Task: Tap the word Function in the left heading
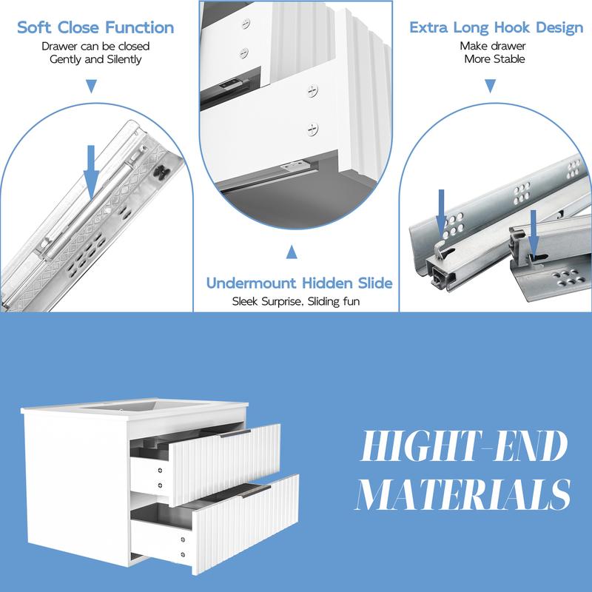[x=140, y=27]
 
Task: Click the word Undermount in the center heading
[x=252, y=283]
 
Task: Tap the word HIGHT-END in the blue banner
[x=464, y=446]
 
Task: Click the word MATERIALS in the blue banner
[x=463, y=494]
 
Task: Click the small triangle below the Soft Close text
[x=91, y=86]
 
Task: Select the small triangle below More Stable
[x=490, y=86]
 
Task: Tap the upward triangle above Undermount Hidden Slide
[x=292, y=252]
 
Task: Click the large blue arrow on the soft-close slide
[x=91, y=172]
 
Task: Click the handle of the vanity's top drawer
[x=235, y=434]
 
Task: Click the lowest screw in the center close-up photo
[x=312, y=129]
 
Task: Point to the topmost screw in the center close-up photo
[x=246, y=24]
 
